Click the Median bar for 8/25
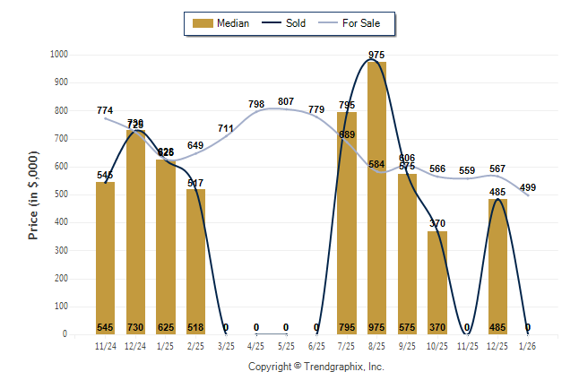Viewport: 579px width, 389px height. coord(377,197)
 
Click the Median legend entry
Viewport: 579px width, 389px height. coord(222,23)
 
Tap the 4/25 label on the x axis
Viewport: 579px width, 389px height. coord(256,346)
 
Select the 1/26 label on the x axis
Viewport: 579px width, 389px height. coord(528,346)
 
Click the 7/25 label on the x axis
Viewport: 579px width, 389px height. coord(347,346)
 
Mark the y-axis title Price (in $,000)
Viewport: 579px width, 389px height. coord(34,194)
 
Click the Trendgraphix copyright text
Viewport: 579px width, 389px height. coord(315,367)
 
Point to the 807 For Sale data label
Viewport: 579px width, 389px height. coord(286,101)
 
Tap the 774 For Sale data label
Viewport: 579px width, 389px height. coord(106,110)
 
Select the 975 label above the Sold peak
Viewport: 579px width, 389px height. coord(377,56)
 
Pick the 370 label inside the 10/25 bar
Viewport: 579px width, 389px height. coord(437,327)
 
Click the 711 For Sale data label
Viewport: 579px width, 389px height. coord(226,128)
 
